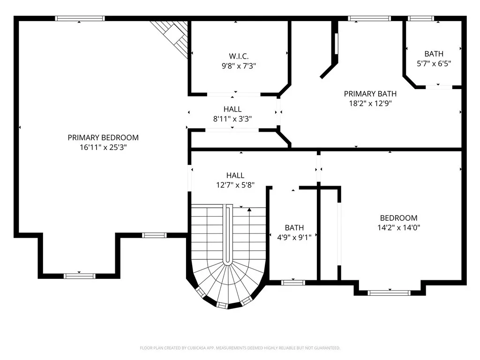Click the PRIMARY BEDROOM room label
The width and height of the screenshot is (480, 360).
click(103, 137)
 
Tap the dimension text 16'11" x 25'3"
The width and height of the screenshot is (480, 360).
click(103, 147)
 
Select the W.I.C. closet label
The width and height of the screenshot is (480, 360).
click(239, 56)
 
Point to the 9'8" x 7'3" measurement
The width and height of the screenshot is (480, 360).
click(239, 66)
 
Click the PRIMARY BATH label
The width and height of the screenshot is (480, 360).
click(370, 94)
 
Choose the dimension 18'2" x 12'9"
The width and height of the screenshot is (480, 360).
click(370, 104)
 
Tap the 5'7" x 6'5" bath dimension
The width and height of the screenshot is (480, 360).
click(434, 63)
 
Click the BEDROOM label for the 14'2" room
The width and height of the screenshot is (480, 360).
click(398, 218)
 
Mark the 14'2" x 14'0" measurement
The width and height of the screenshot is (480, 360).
click(398, 228)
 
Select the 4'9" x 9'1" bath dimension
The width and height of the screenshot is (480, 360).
click(294, 237)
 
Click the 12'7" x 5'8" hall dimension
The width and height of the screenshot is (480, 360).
click(235, 185)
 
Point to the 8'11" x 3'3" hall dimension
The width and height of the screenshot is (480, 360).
click(233, 119)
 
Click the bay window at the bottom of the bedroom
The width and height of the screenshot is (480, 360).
click(389, 293)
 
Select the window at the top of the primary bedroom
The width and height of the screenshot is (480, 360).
click(80, 19)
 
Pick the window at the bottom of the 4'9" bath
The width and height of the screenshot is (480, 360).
click(293, 283)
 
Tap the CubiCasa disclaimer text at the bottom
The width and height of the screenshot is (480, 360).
click(240, 348)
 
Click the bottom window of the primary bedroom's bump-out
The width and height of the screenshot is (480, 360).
click(80, 276)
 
